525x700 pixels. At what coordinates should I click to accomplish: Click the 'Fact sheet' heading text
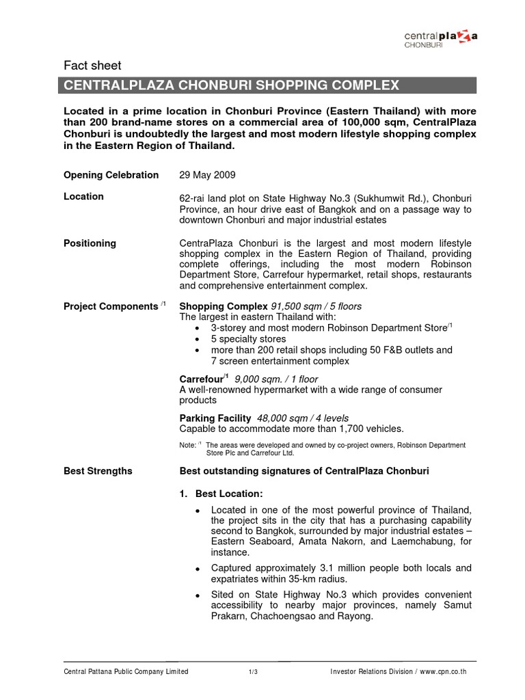[92, 66]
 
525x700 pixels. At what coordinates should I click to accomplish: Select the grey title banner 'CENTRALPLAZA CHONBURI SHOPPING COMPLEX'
[269, 85]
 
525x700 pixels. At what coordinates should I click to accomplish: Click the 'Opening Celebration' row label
[111, 175]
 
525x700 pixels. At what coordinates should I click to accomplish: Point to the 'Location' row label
[83, 196]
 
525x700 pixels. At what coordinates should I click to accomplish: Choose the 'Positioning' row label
[90, 243]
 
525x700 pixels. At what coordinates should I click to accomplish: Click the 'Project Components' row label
[110, 306]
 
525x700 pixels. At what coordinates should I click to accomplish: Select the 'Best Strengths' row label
[98, 471]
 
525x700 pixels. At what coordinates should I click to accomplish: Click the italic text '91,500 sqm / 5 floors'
[317, 306]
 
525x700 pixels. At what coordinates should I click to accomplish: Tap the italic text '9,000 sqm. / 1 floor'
[276, 379]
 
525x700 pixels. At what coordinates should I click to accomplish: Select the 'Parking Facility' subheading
[215, 418]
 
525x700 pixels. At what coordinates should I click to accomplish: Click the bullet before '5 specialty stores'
[198, 339]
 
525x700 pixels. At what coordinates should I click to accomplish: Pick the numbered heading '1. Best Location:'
[221, 493]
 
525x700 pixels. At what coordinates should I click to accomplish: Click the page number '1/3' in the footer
[253, 672]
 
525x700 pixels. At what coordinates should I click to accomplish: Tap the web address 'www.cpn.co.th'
[444, 672]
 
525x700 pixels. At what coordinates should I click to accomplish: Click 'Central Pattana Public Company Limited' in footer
[126, 672]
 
